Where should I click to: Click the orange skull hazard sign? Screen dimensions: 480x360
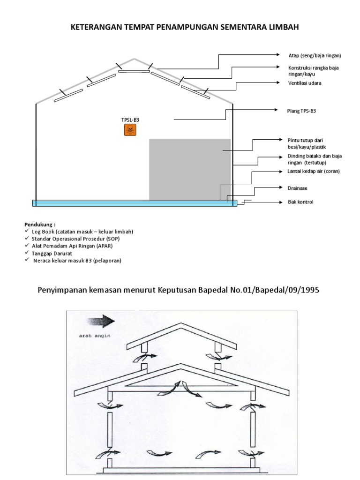pyautogui.click(x=130, y=130)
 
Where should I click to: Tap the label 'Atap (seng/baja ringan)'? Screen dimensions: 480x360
pyautogui.click(x=314, y=55)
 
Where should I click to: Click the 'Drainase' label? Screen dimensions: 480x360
pyautogui.click(x=298, y=187)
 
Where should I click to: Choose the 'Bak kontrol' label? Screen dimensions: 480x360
pyautogui.click(x=300, y=202)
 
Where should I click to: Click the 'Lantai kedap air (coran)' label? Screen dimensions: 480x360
pyautogui.click(x=313, y=171)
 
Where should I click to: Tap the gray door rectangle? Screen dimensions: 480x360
pyautogui.click(x=190, y=169)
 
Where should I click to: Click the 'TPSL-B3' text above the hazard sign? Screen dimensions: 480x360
pyautogui.click(x=130, y=120)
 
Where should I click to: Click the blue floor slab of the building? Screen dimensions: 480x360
pyautogui.click(x=135, y=203)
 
